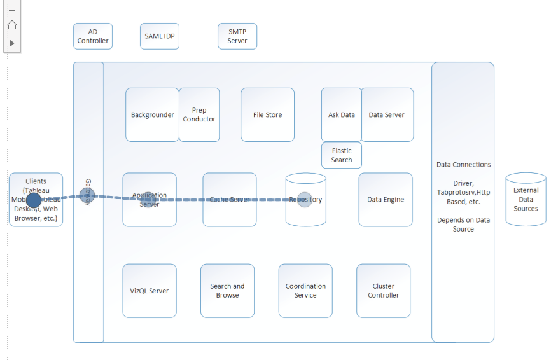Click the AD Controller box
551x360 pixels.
[x=93, y=36]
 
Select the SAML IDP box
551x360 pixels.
[x=159, y=36]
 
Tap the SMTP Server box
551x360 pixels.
[x=237, y=36]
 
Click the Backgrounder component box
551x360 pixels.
[x=152, y=115]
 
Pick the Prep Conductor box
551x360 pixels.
[x=199, y=115]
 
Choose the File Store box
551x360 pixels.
[x=267, y=115]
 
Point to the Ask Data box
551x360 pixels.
[x=342, y=115]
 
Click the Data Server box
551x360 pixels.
[x=387, y=115]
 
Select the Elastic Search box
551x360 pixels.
[x=342, y=155]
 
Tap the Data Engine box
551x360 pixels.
[x=386, y=200]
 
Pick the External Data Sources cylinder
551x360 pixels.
[x=526, y=200]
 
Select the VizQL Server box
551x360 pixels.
[x=150, y=291]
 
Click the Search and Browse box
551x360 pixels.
[x=227, y=291]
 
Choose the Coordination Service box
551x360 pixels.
[x=305, y=291]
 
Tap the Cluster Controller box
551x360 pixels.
[x=384, y=291]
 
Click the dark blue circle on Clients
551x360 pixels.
[x=34, y=200]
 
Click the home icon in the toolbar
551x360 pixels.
[x=12, y=25]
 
